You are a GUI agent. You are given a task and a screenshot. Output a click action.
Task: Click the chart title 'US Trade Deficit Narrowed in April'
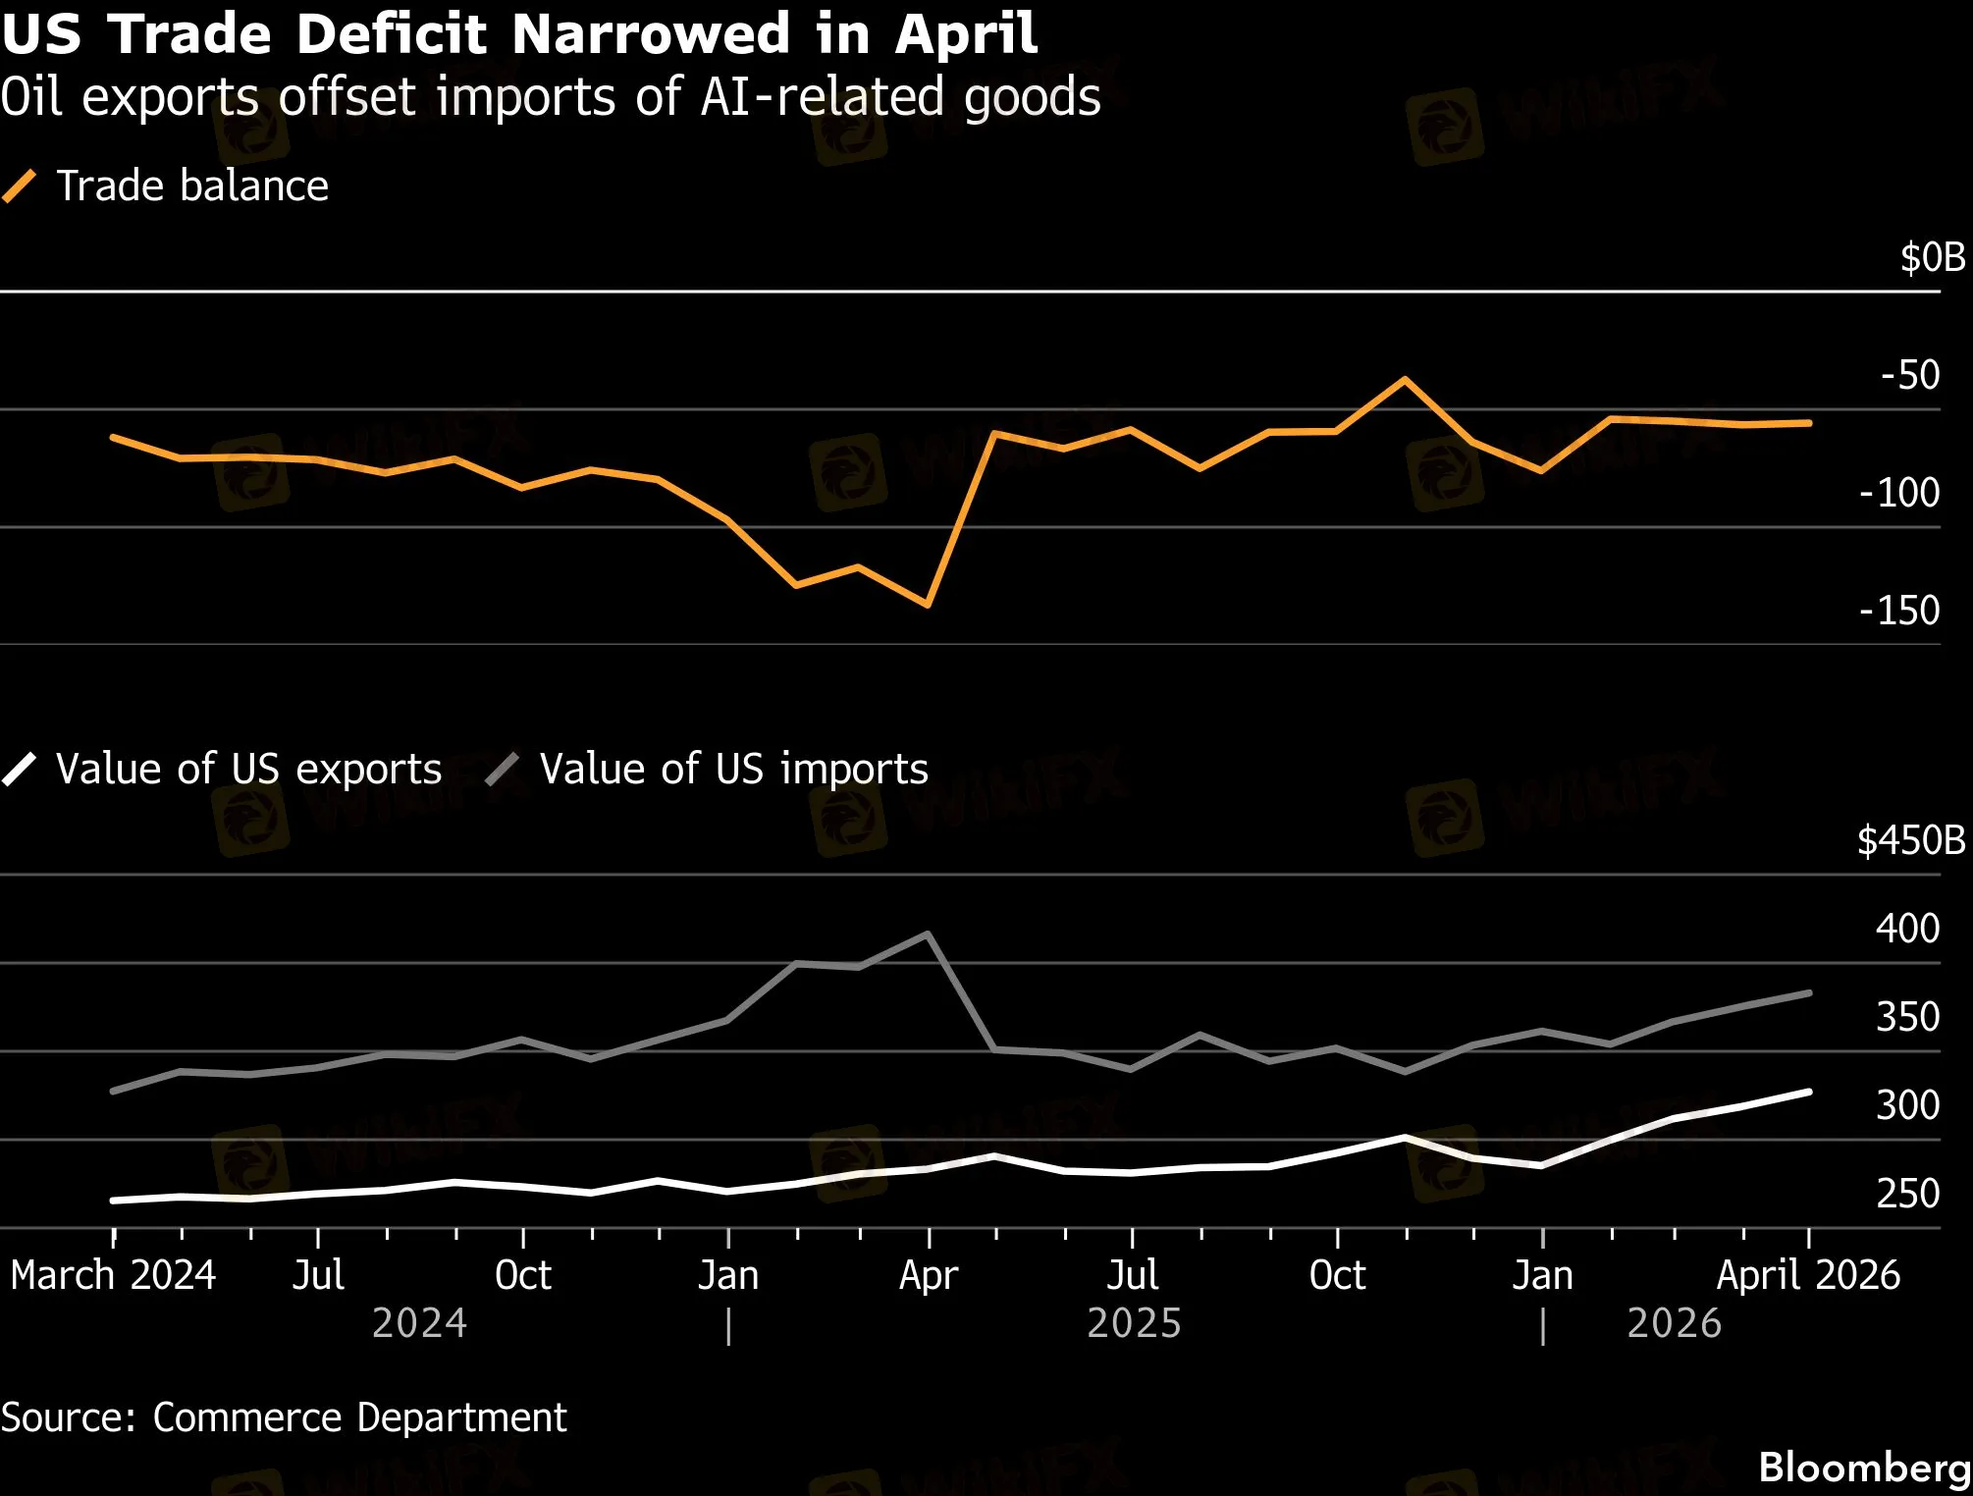click(x=519, y=33)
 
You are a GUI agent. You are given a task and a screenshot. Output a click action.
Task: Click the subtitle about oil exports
click(x=551, y=97)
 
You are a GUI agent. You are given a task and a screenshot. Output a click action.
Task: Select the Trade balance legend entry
click(x=165, y=186)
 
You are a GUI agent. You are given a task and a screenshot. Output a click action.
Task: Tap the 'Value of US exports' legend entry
click(x=222, y=769)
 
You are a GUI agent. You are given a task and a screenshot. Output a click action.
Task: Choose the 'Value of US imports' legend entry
click(x=707, y=769)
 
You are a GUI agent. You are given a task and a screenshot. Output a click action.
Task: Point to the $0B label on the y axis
click(x=1933, y=257)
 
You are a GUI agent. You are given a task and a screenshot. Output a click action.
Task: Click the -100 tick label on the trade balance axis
click(x=1899, y=493)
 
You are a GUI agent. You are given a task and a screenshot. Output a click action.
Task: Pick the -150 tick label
click(x=1899, y=611)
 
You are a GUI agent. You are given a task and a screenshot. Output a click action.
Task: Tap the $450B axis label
click(x=1911, y=840)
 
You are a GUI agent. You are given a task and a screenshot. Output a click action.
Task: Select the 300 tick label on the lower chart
click(x=1907, y=1105)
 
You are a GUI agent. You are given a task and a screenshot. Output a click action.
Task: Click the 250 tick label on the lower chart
click(x=1907, y=1194)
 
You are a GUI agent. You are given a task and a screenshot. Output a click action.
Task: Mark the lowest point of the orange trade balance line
click(x=928, y=605)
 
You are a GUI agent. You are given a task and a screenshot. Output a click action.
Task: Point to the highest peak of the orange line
click(x=1405, y=379)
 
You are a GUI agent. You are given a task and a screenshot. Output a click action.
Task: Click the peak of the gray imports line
click(x=928, y=934)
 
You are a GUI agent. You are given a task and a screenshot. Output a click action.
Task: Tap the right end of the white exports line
click(x=1809, y=1092)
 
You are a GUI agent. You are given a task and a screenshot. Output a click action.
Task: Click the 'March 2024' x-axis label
click(x=113, y=1275)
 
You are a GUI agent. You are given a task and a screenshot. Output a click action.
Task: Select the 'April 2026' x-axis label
click(x=1808, y=1275)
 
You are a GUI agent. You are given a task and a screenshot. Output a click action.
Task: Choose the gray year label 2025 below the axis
click(x=1134, y=1323)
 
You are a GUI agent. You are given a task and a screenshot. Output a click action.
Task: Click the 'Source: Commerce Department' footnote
click(x=284, y=1417)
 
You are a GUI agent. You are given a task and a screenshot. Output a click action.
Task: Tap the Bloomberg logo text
click(x=1864, y=1468)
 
